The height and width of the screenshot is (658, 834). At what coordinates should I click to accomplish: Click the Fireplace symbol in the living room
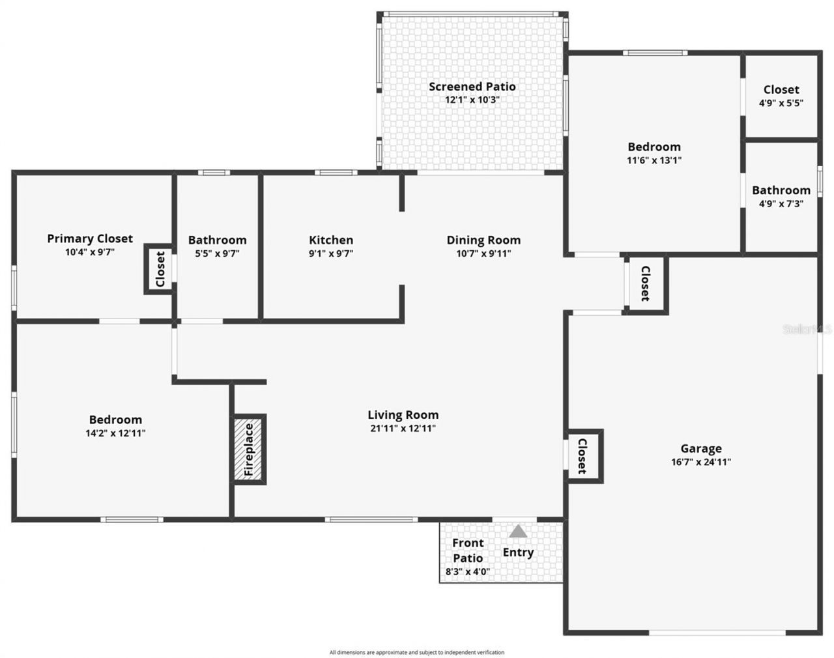249,450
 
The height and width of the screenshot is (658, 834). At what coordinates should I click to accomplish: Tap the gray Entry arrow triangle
518,532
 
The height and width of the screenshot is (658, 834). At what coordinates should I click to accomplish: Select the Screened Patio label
472,87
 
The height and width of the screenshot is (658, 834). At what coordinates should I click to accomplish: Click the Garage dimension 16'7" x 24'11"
701,462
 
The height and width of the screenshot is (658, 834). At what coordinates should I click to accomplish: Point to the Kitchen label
331,240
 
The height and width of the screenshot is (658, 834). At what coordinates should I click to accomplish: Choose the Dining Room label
483,240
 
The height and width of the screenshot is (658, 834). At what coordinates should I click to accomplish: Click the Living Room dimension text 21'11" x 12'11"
403,428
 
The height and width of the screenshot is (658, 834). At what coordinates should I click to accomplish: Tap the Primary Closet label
90,238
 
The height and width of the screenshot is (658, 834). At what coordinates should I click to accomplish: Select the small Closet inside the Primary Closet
160,269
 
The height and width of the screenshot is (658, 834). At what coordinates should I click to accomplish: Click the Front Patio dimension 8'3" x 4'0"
468,572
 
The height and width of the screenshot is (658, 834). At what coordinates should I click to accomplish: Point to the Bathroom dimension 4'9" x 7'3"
781,203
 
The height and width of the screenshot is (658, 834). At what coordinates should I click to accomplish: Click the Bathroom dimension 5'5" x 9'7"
217,253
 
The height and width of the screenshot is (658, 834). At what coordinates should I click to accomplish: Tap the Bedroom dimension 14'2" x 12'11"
115,433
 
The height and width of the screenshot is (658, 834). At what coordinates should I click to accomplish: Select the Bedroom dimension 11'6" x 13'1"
654,160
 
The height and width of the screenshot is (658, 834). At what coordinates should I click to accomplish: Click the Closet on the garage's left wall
582,456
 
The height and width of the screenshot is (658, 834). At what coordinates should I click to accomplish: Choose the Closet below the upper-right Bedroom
645,284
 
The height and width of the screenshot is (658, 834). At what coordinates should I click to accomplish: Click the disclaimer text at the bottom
417,651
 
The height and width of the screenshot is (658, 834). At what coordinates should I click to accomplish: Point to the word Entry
518,552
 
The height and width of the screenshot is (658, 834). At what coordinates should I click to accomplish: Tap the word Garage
701,448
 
